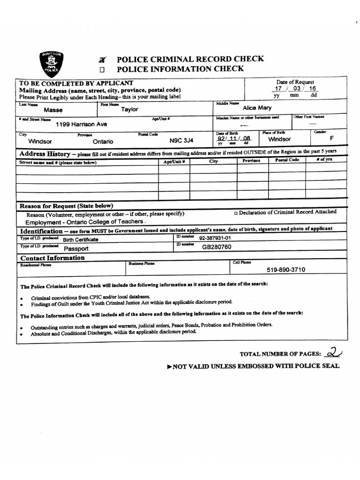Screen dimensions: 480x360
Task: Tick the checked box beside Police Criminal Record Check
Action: point(102,60)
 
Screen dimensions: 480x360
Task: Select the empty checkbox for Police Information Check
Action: point(101,69)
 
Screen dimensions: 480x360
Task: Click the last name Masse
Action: point(53,110)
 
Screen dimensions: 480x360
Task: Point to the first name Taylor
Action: point(130,110)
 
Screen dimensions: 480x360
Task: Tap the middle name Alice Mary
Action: point(257,108)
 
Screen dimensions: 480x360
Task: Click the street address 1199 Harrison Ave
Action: point(81,124)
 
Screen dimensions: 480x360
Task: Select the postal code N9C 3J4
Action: point(181,140)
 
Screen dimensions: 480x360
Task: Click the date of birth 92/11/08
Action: point(234,139)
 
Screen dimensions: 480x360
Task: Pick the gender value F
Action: point(332,139)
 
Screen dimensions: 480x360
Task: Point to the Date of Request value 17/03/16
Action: point(295,89)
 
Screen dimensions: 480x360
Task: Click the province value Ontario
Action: point(103,141)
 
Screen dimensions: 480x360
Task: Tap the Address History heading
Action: point(45,154)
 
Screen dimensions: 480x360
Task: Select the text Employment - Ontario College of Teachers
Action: point(84,222)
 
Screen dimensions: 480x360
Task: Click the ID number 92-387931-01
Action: point(215,238)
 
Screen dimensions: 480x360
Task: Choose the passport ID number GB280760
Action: point(217,247)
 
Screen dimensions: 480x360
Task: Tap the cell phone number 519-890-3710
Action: point(286,270)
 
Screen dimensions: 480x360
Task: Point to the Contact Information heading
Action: point(52,258)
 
